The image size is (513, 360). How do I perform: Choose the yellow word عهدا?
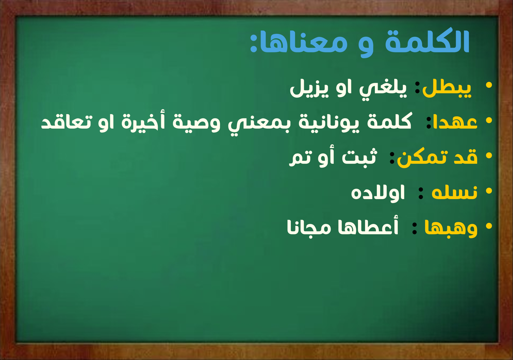point(455,122)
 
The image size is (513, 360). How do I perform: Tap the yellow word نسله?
point(454,193)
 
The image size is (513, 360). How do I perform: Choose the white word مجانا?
point(309,228)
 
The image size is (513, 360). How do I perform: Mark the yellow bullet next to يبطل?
point(489,85)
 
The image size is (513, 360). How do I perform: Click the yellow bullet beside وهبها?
point(489,226)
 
